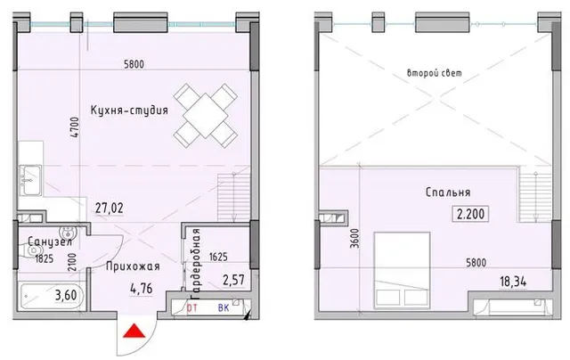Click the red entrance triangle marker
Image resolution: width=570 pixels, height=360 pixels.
click(x=134, y=331)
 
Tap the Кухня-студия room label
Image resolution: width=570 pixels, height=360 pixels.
click(x=129, y=110)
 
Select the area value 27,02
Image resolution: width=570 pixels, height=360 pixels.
click(x=109, y=209)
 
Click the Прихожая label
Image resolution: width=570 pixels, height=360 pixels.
click(x=133, y=266)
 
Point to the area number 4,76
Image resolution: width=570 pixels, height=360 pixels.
click(x=142, y=289)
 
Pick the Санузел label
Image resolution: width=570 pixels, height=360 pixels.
click(x=50, y=241)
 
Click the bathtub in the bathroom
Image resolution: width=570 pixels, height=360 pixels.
click(x=52, y=296)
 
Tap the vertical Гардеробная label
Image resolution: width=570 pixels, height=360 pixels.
click(x=196, y=261)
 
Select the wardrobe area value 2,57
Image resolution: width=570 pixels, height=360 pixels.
click(x=233, y=280)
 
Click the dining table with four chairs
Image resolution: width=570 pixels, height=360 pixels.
click(x=206, y=116)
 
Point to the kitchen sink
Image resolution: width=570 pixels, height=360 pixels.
click(x=30, y=180)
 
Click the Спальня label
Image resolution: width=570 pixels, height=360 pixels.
click(x=448, y=192)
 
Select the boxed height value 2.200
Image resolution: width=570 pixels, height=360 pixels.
click(x=470, y=214)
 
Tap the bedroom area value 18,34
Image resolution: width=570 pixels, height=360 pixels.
click(x=513, y=282)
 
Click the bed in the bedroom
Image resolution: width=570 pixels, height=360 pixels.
click(x=402, y=271)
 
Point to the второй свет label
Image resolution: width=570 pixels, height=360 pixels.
click(x=435, y=73)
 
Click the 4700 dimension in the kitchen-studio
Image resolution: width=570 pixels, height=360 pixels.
click(x=75, y=127)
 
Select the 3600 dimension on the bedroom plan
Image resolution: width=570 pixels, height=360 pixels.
click(x=354, y=239)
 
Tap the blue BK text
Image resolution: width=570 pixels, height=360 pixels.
click(x=224, y=308)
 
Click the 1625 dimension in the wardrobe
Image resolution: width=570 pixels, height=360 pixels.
click(x=218, y=258)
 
